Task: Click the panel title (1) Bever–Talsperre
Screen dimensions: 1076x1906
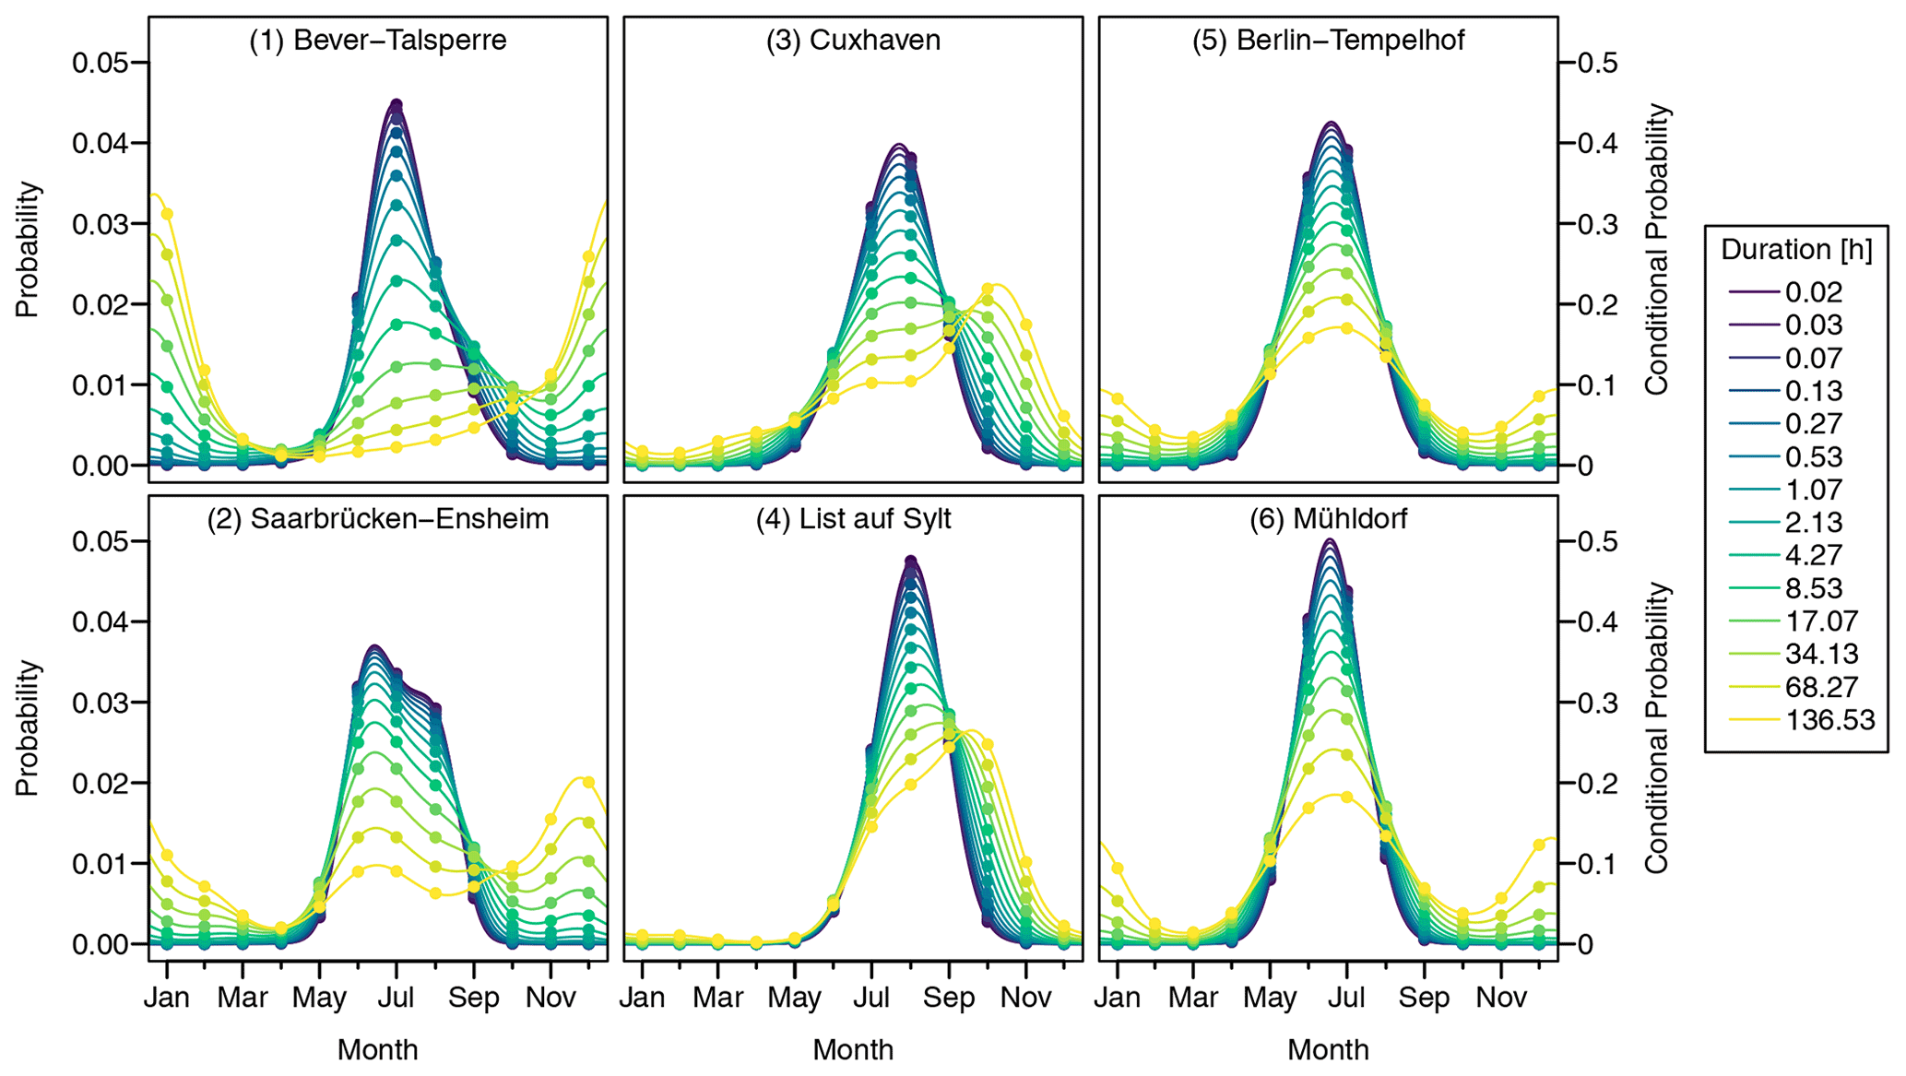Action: coord(377,41)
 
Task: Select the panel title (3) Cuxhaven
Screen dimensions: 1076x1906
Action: coord(853,41)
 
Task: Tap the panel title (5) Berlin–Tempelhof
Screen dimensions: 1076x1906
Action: coord(1328,41)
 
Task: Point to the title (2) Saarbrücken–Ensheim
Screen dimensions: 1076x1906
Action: coord(377,519)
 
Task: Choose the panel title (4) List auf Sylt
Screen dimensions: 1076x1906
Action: coord(853,519)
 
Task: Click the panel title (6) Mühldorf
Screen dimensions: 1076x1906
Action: coord(1328,519)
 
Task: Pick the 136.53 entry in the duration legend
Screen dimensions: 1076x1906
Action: coord(1829,720)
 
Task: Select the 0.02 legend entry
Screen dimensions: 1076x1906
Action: coord(1813,292)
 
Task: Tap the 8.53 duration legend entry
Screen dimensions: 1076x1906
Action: coord(1813,588)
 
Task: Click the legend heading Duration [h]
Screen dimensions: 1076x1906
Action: coord(1796,250)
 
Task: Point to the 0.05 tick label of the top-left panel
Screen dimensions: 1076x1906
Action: coord(100,63)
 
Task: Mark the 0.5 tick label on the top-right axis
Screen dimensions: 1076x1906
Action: coord(1597,63)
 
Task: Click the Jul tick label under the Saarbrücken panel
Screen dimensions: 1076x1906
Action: coord(397,998)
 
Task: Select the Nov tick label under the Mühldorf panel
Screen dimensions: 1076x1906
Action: coord(1501,998)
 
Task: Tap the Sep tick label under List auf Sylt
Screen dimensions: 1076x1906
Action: coord(949,998)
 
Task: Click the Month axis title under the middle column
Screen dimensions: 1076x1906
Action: coord(853,1049)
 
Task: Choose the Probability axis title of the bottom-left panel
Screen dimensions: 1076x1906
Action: coord(28,727)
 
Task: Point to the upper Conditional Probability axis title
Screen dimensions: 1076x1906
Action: coord(1657,250)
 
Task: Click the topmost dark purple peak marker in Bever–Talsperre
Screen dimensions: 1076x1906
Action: coord(397,104)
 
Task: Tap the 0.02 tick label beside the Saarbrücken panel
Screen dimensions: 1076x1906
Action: coord(100,783)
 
